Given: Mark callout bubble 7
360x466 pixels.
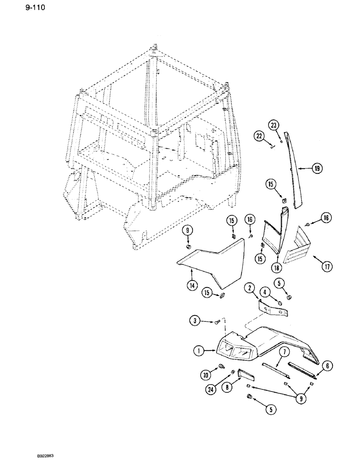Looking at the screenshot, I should click(x=283, y=352).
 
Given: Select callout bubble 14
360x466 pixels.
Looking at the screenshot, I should click(x=191, y=286).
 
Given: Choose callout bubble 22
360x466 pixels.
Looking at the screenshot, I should click(x=259, y=136).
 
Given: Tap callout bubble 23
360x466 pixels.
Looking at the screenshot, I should click(x=273, y=124).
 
